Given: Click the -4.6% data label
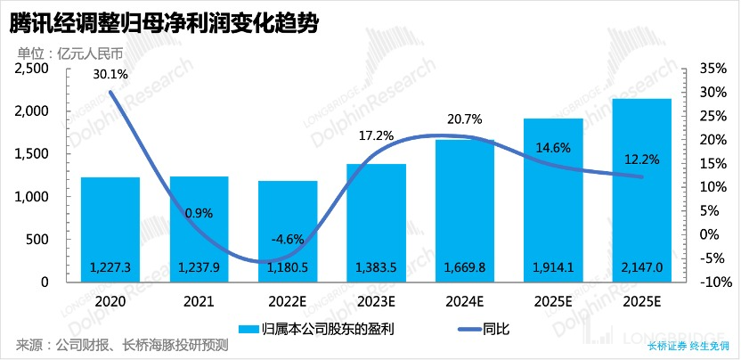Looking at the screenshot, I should click(x=287, y=239).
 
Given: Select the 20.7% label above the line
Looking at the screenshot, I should click(x=464, y=119).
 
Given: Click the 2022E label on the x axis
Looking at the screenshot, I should click(x=287, y=302).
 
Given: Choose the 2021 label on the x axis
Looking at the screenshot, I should click(x=199, y=302).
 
